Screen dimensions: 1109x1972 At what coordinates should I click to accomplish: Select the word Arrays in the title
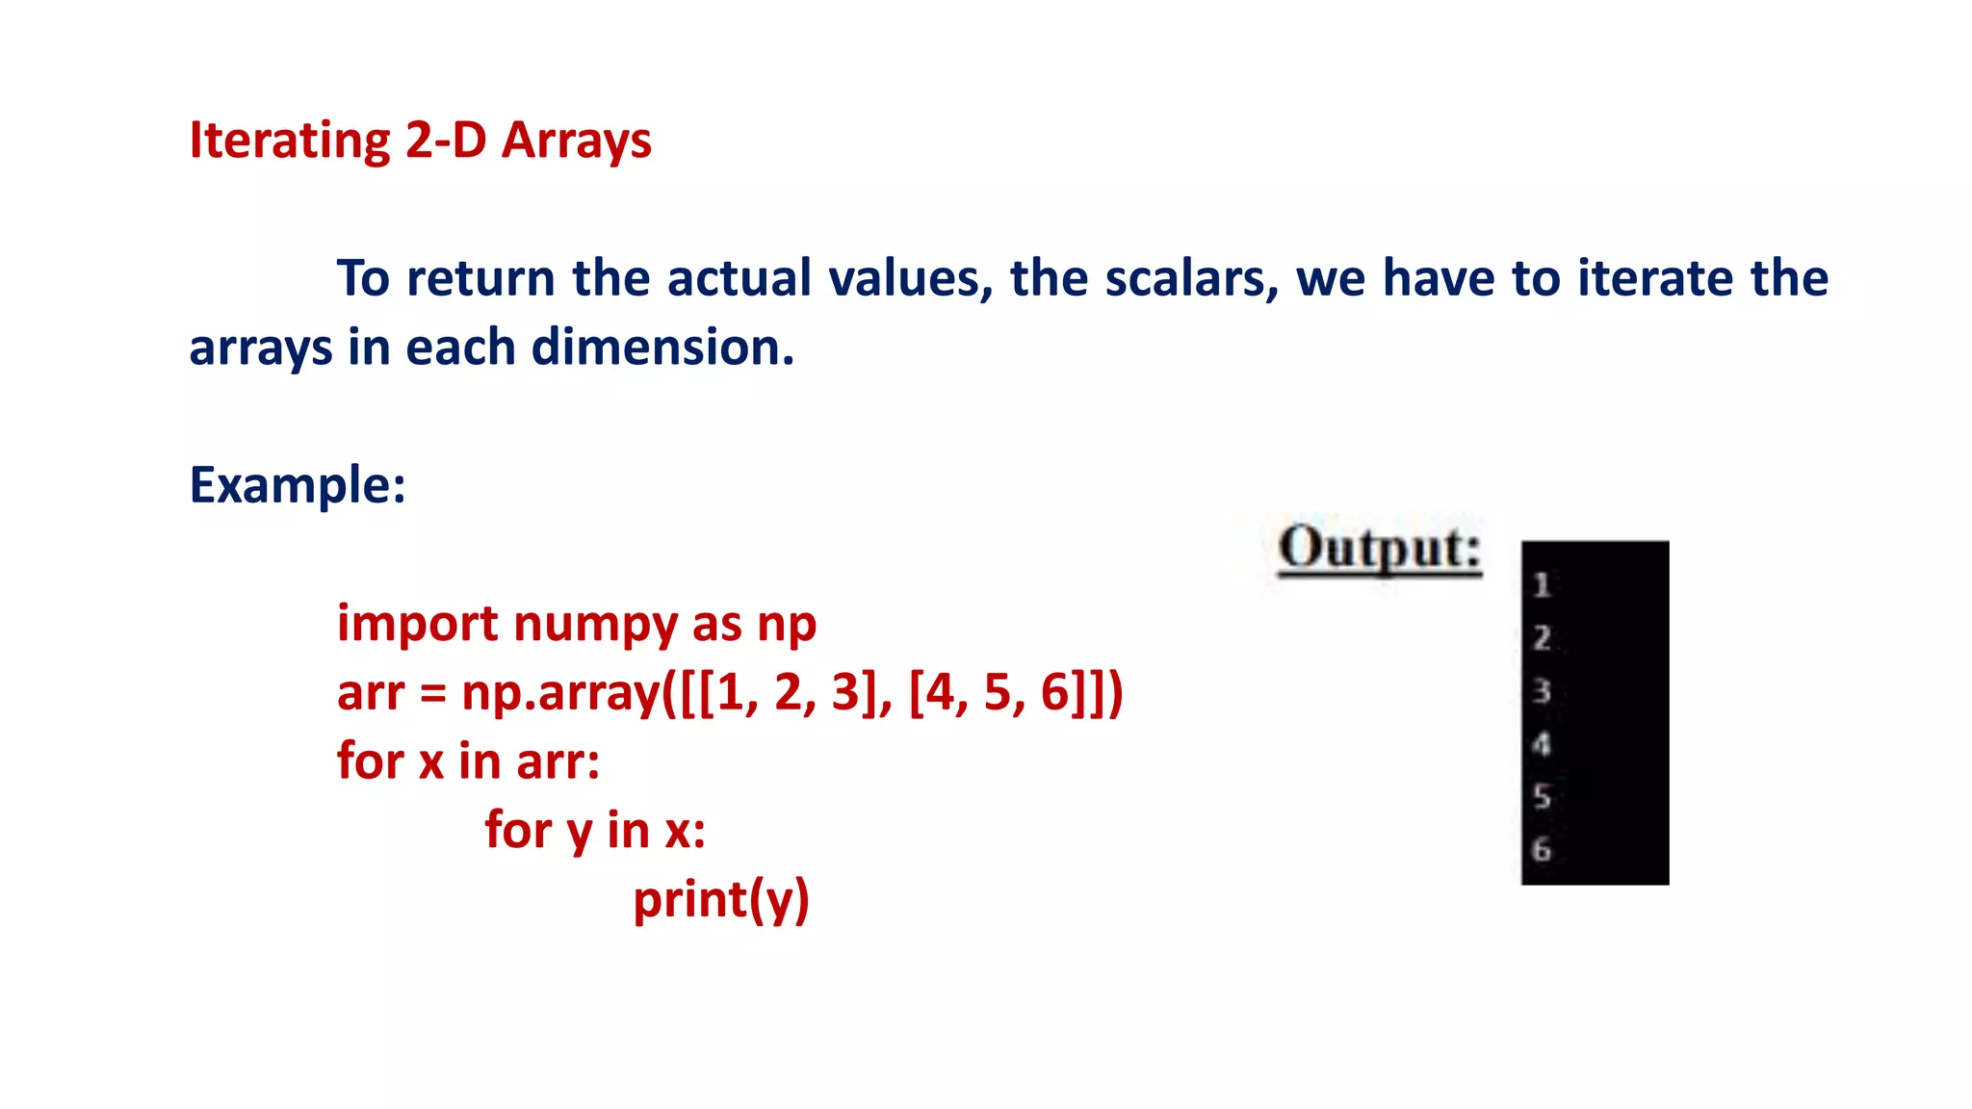point(577,141)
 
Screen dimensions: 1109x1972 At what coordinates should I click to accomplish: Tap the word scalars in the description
point(1191,278)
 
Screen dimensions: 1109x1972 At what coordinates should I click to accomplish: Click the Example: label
point(298,484)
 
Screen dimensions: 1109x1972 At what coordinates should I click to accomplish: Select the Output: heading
point(1379,549)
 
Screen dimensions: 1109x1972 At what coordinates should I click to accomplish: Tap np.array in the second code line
point(560,692)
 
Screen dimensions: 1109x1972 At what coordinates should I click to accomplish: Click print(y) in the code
point(721,899)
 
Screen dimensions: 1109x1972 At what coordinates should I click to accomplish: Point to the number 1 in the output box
point(1542,584)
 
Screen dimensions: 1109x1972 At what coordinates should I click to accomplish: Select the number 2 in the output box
point(1542,637)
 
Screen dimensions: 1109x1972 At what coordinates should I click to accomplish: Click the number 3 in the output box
point(1542,690)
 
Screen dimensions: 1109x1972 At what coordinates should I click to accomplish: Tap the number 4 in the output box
point(1542,743)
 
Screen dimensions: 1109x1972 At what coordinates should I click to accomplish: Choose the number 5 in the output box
point(1542,796)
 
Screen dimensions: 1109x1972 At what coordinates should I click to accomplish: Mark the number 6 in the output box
point(1542,849)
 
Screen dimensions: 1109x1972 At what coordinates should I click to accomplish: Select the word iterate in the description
point(1656,278)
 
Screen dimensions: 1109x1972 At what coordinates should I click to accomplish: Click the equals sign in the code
point(432,693)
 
